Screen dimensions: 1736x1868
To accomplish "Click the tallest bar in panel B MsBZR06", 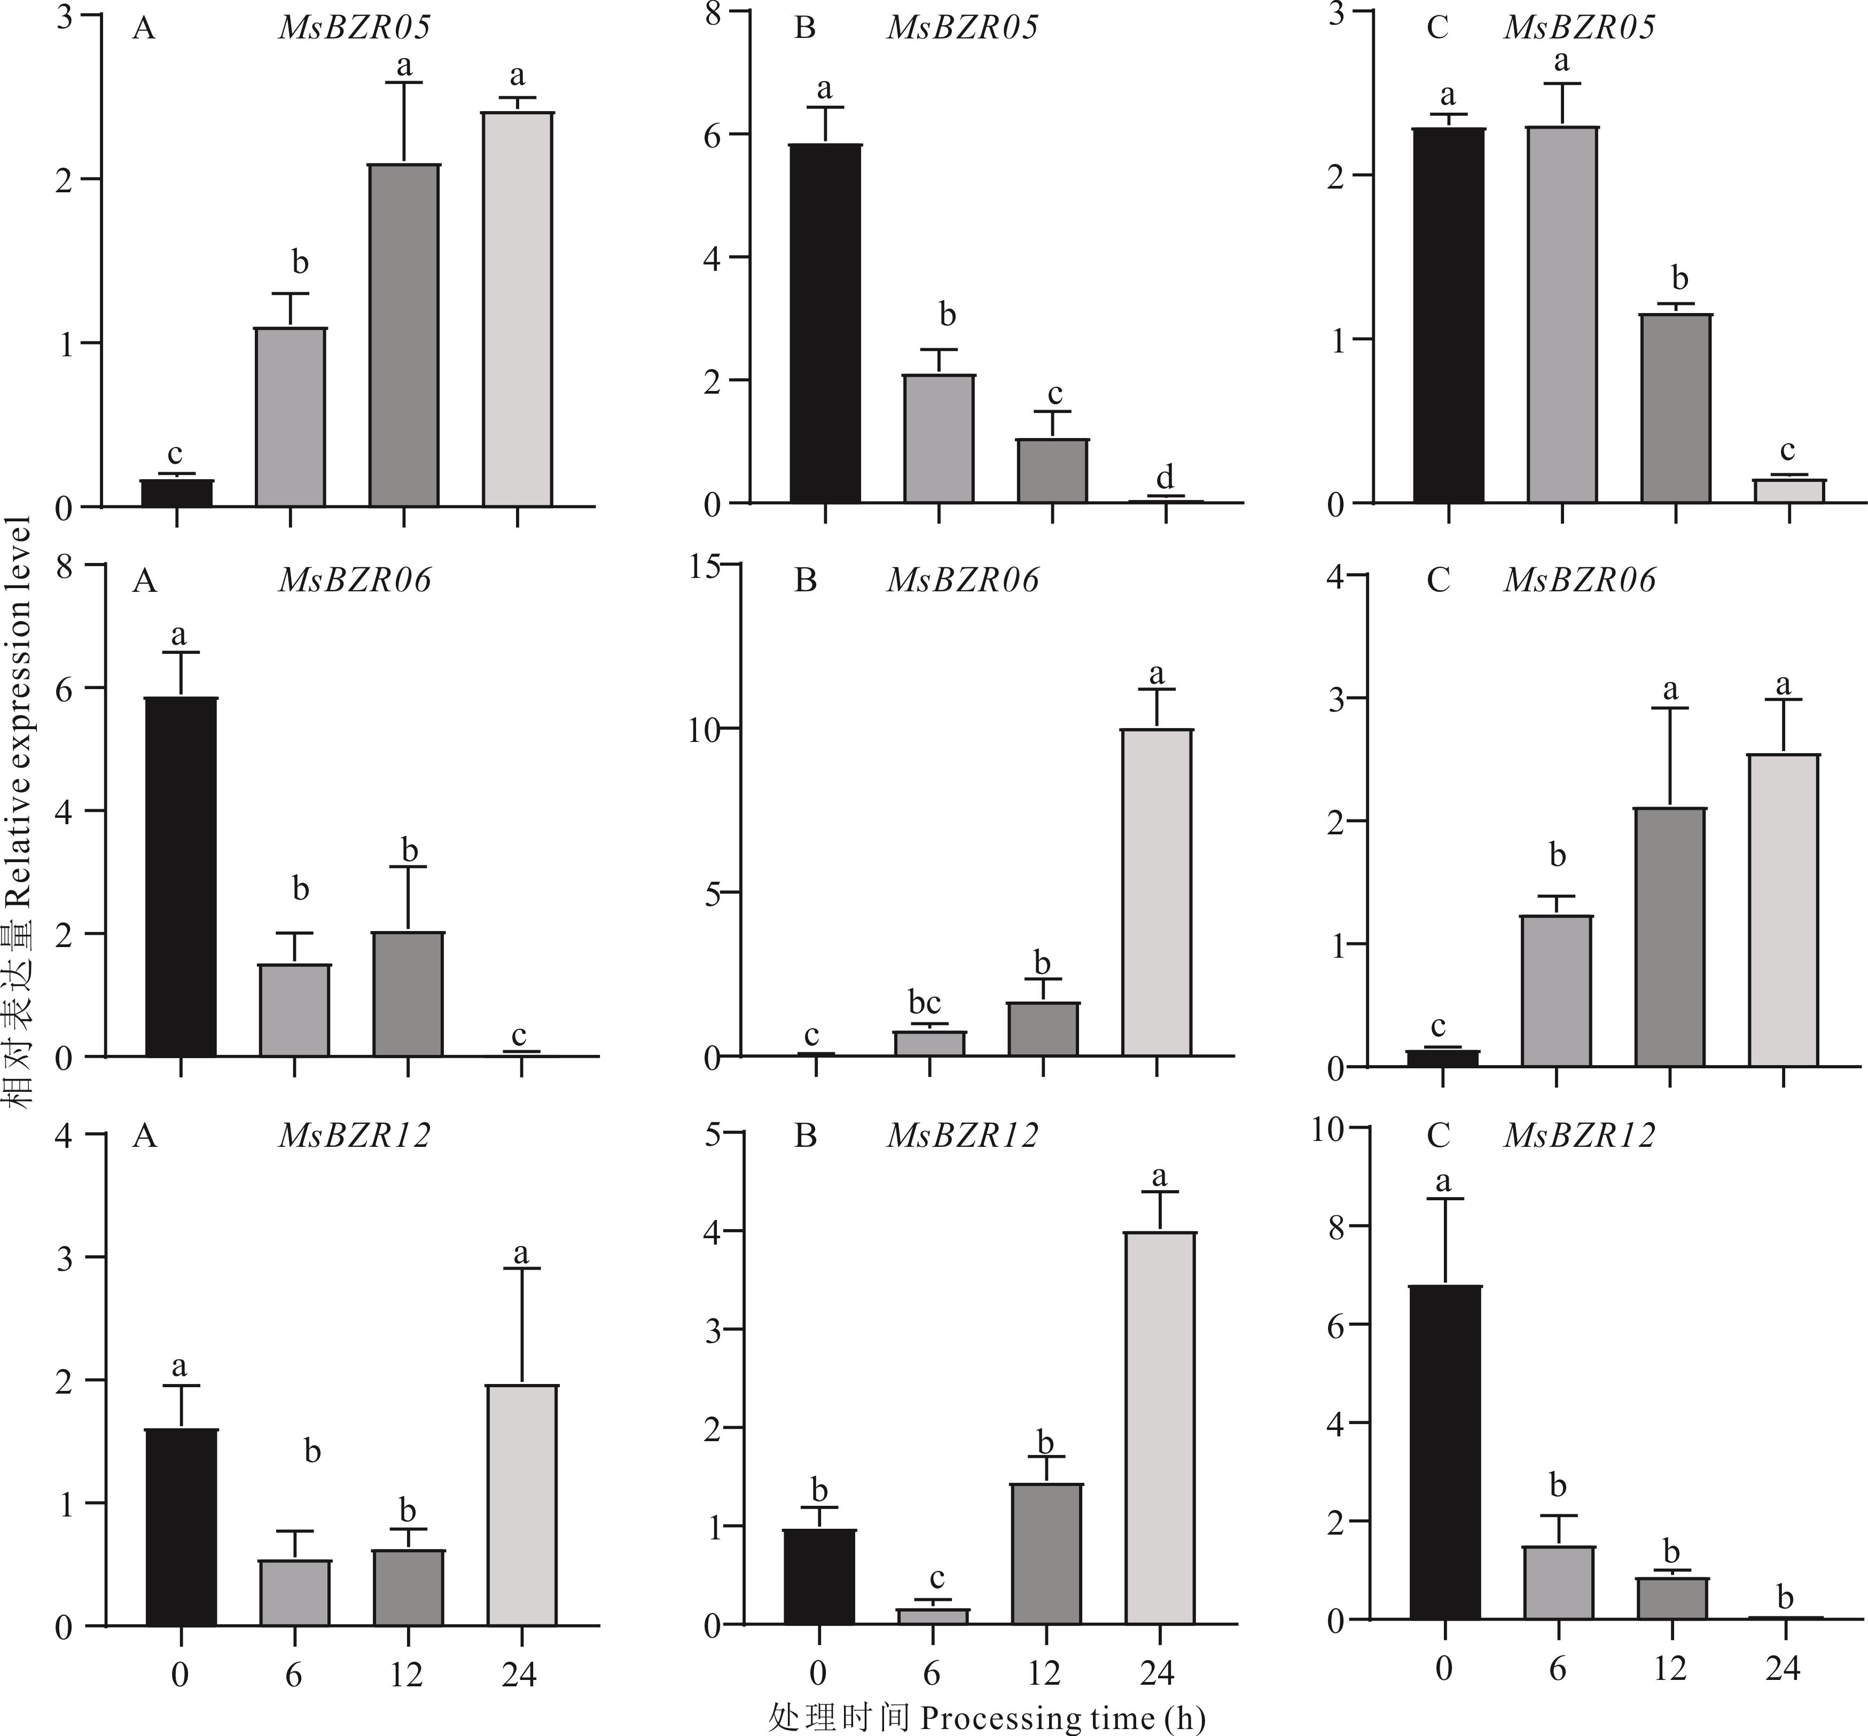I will [x=1156, y=893].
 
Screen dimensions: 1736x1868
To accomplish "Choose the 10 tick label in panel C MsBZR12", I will [x=1328, y=1130].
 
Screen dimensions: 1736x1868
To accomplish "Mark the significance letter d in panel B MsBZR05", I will [x=1165, y=477].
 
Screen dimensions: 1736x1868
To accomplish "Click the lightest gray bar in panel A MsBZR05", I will [x=518, y=309].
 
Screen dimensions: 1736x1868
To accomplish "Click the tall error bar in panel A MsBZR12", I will [x=521, y=1325].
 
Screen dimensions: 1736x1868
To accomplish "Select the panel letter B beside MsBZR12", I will [x=806, y=1136].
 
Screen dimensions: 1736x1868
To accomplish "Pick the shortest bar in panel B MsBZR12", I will [x=933, y=1616].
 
